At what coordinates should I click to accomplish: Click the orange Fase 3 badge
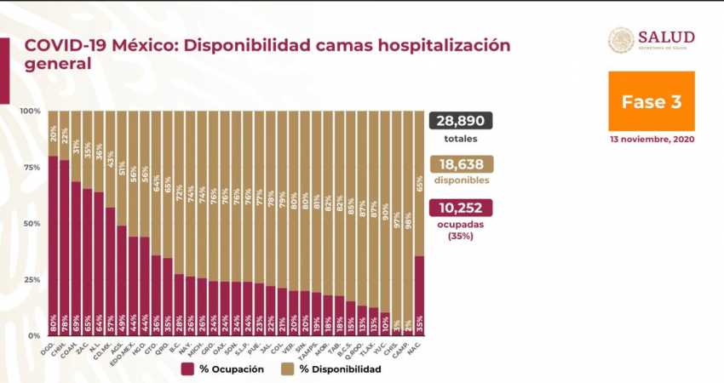[651, 101]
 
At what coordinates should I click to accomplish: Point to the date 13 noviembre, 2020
[651, 139]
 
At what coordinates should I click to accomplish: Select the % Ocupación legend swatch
[187, 369]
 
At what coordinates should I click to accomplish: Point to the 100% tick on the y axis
[31, 111]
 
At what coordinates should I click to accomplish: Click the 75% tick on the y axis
[32, 168]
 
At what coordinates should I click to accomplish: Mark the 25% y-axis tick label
[32, 280]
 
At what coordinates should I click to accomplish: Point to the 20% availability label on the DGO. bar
[53, 133]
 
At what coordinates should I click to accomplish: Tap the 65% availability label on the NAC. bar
[418, 183]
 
